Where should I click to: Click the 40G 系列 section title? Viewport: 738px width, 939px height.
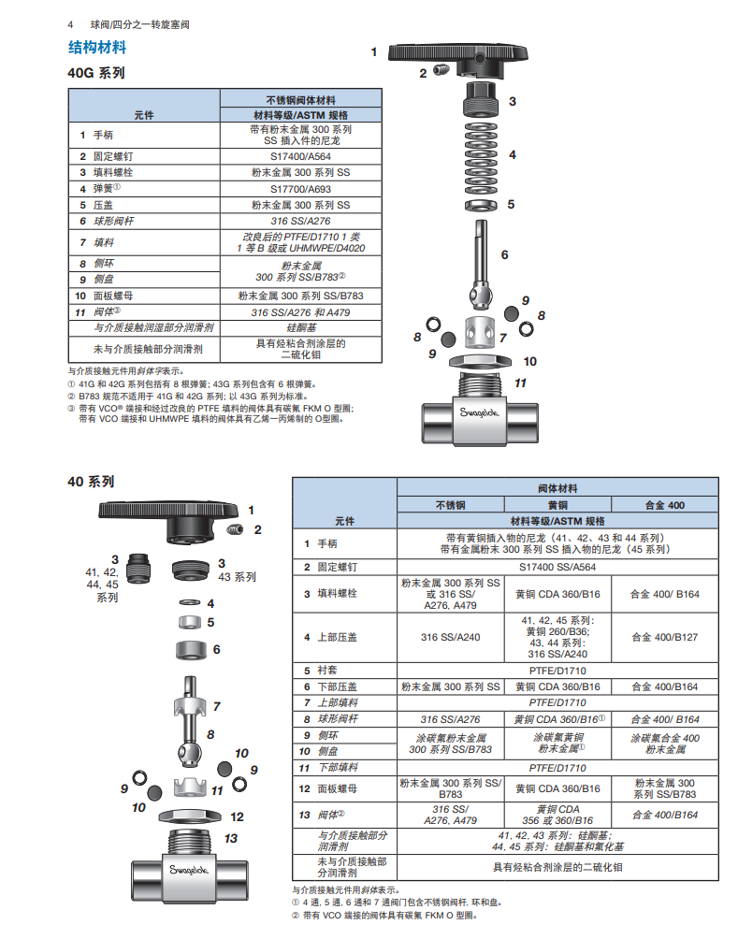[x=95, y=72]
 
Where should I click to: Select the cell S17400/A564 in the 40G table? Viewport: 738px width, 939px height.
[x=300, y=157]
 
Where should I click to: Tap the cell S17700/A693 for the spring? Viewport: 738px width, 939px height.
[x=300, y=188]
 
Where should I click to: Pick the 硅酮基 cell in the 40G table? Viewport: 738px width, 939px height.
[x=300, y=328]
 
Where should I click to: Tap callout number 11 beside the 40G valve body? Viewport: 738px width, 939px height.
[x=521, y=383]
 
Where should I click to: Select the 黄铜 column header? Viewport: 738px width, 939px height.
[x=557, y=505]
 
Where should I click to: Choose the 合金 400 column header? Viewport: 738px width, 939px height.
[x=665, y=505]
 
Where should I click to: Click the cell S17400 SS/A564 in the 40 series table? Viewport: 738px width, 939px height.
[x=557, y=567]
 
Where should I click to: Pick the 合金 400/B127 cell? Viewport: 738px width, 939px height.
[x=665, y=637]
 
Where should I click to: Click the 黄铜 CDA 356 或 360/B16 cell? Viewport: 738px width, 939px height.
[x=557, y=814]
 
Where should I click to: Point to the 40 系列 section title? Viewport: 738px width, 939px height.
[x=91, y=482]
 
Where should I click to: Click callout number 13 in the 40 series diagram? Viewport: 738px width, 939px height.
[x=231, y=838]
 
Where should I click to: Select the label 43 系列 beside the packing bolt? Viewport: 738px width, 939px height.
[x=237, y=577]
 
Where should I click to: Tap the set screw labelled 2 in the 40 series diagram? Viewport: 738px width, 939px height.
[x=236, y=530]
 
